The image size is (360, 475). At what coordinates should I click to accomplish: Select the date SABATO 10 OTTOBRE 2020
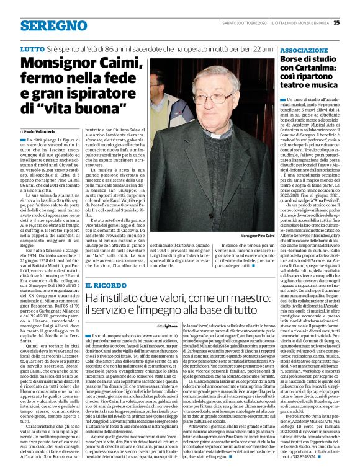point(244,23)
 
